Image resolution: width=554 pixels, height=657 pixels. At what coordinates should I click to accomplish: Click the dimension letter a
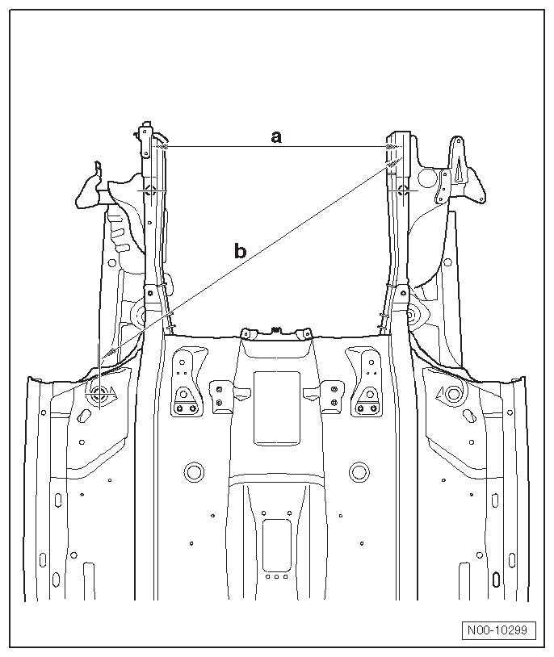click(x=276, y=137)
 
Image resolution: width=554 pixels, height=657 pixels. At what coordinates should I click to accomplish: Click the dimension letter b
click(x=240, y=251)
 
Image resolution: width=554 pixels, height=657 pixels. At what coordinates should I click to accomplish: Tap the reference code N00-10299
click(x=499, y=630)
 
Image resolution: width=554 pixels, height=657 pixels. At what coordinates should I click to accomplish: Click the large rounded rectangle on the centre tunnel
click(x=277, y=408)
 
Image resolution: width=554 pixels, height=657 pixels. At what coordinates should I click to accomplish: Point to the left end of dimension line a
click(x=162, y=146)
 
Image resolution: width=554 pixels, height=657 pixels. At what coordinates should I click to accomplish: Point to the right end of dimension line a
click(x=392, y=146)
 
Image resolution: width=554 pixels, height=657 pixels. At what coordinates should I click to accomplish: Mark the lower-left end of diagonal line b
click(x=99, y=360)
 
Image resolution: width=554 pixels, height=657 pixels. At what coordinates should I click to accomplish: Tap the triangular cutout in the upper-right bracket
click(x=457, y=169)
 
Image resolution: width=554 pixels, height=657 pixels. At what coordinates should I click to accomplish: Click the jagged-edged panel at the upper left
click(x=89, y=190)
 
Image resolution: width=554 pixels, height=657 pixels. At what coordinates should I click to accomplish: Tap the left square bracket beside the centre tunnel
click(x=219, y=395)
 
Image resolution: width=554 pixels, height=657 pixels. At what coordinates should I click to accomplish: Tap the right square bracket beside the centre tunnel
click(x=331, y=395)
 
